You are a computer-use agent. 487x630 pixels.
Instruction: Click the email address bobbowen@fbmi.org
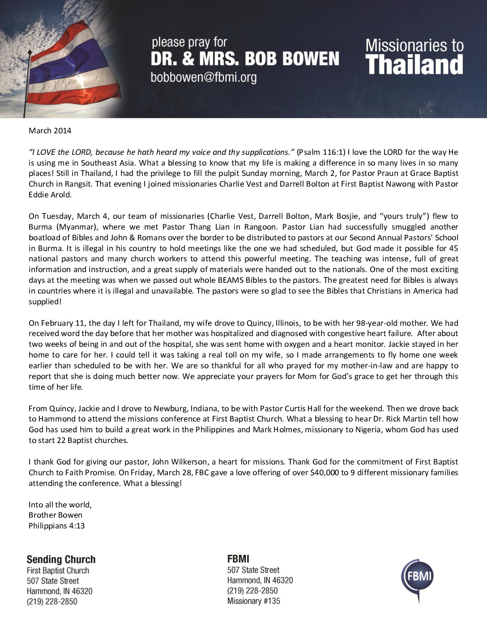tap(204, 77)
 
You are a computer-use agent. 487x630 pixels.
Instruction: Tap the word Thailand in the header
tap(414, 64)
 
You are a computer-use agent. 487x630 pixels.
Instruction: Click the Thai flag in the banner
tap(76, 58)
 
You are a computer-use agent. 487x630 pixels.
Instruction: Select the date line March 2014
tap(50, 131)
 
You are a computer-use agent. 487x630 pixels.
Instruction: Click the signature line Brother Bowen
tap(55, 515)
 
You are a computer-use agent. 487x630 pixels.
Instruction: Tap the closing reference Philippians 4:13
tap(56, 526)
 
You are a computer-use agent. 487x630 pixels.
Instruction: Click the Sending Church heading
tap(61, 559)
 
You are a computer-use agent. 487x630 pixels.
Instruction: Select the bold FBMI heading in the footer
tap(238, 558)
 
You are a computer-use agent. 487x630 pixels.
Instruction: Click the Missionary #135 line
tap(253, 601)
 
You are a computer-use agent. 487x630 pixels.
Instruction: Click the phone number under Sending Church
tap(52, 601)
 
